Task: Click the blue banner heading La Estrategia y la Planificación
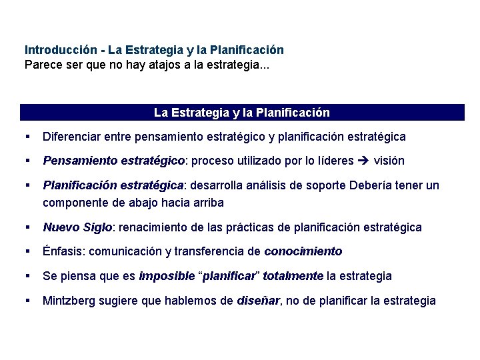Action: tap(241, 113)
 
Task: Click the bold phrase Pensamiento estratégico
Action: tap(113, 161)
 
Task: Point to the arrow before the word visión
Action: tap(363, 161)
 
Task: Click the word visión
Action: tap(389, 161)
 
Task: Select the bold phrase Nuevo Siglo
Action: tap(79, 227)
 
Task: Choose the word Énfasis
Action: tap(62, 251)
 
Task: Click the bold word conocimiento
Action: tap(303, 251)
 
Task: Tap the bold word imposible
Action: tap(164, 276)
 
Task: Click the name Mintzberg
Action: tap(70, 301)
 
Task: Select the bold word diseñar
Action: tap(259, 301)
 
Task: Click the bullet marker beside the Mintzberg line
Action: tap(28, 301)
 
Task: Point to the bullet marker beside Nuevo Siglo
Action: tap(28, 227)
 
